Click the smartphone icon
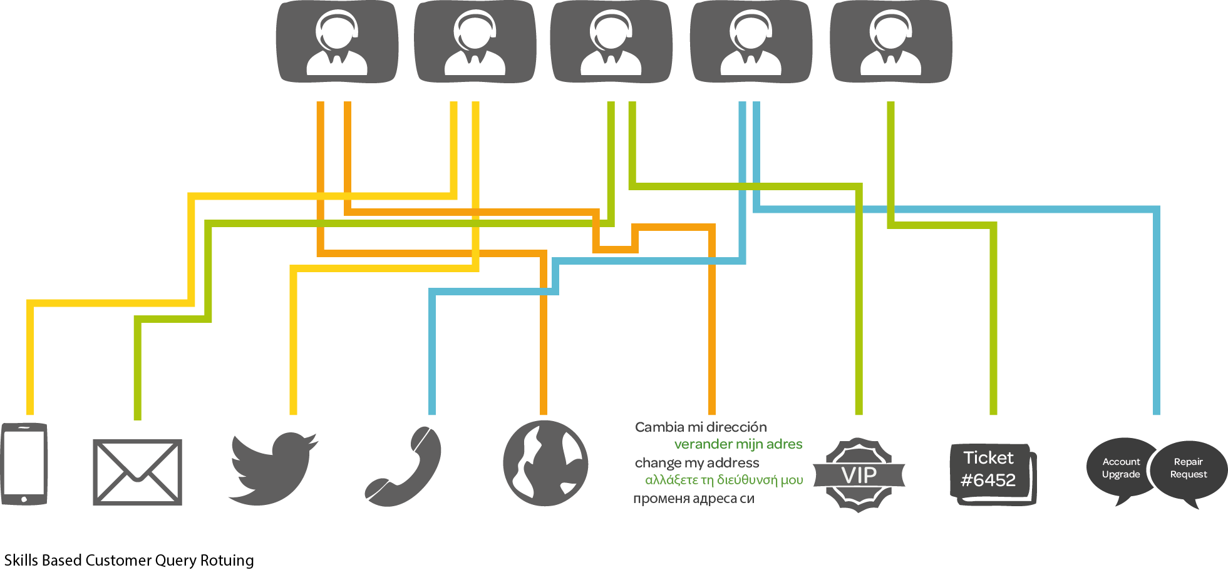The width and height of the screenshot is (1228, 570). pos(24,464)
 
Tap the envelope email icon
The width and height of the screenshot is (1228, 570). pos(137,472)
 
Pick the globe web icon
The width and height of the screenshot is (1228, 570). pos(545,463)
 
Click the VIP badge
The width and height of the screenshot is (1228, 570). pos(859,475)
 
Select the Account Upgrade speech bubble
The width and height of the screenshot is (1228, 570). pos(1121,468)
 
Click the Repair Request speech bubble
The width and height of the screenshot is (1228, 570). pos(1189,468)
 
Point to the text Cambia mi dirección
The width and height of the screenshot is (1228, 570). pos(700,427)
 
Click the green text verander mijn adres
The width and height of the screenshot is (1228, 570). pos(738,444)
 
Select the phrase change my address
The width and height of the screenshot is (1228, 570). pos(696,463)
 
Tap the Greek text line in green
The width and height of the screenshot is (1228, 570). pos(724,480)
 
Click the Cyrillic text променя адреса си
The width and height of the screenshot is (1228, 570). pos(693,499)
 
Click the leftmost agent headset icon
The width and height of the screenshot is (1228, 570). pos(337,42)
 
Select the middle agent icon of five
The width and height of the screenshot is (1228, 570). pos(611,42)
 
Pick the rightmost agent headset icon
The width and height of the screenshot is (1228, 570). pos(890,42)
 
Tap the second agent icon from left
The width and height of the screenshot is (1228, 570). pos(475,42)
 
